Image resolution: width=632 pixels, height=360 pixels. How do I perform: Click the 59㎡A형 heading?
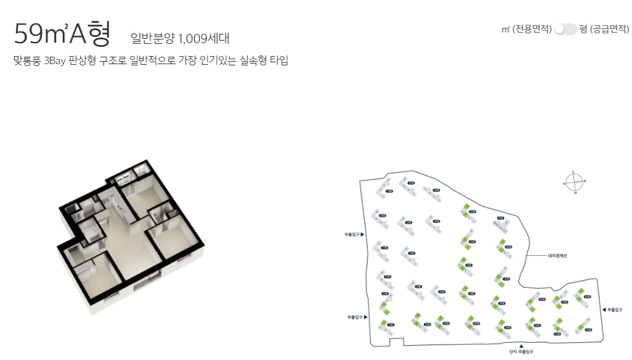(62, 34)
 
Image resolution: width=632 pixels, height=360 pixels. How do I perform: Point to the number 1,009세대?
(203, 39)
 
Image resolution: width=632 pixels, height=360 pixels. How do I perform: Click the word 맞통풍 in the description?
(27, 61)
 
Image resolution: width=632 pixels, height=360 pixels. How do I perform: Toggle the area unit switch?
(565, 29)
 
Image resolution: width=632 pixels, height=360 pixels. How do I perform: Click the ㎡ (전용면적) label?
(527, 29)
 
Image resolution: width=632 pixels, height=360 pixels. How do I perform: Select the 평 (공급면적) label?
(604, 29)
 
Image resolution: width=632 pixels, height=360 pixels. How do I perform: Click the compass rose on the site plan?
(574, 181)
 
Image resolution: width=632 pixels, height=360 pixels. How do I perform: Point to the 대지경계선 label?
(561, 256)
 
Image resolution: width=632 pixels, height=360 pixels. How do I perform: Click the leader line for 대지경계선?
(538, 256)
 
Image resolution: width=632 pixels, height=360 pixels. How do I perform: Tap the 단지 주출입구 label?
(521, 352)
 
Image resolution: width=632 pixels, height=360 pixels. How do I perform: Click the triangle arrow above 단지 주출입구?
(521, 345)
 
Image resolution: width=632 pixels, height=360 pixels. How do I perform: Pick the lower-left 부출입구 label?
(356, 317)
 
